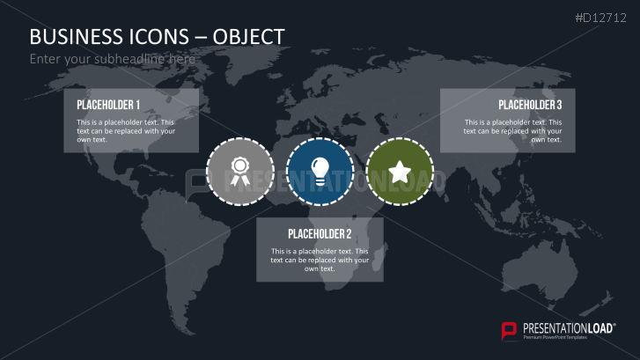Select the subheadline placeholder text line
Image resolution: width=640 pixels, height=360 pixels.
click(112, 59)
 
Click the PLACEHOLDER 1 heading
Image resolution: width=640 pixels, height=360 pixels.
click(108, 104)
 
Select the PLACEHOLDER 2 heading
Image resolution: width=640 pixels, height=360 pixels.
click(320, 234)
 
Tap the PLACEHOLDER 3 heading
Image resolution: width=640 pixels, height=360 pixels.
click(530, 105)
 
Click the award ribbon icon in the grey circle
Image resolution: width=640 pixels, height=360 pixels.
click(239, 171)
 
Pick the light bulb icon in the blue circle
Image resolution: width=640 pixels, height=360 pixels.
click(320, 171)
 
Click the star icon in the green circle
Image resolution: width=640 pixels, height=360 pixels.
click(400, 171)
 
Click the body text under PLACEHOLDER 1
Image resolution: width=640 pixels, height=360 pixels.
click(126, 130)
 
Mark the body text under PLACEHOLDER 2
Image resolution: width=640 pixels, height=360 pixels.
click(320, 260)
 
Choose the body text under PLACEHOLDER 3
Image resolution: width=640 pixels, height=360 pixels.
click(513, 130)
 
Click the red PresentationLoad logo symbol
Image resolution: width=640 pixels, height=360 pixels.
click(509, 331)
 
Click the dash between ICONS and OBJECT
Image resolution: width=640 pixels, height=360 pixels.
click(202, 37)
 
